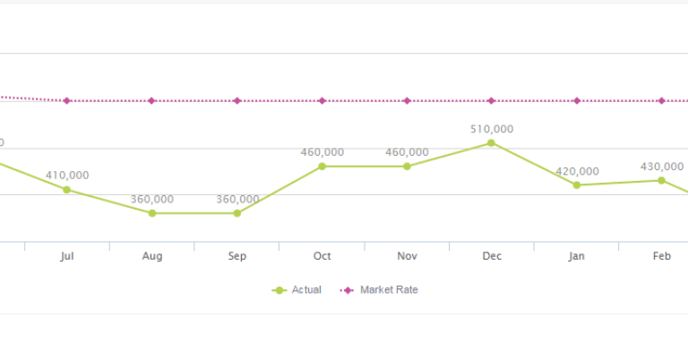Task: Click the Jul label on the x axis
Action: point(66,256)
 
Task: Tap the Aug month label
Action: point(152,256)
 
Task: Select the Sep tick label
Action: point(236,256)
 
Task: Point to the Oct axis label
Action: point(322,256)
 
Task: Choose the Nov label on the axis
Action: point(407,256)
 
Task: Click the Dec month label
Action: point(492,256)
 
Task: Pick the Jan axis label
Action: point(577,256)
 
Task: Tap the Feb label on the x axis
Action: point(662,256)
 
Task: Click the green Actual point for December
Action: point(491,142)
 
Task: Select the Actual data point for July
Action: point(66,189)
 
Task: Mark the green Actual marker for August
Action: point(152,213)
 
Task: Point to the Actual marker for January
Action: point(577,184)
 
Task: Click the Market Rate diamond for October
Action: point(322,100)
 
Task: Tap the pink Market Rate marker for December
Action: point(491,100)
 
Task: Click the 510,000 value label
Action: point(492,129)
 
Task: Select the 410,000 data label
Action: point(67,176)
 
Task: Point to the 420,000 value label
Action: point(577,171)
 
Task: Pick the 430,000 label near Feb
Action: point(662,167)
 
